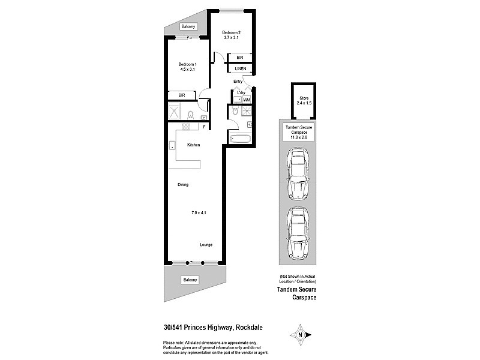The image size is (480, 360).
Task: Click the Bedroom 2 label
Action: tap(231, 32)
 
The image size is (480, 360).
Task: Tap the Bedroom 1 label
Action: tap(187, 64)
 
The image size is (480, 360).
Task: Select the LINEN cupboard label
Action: tap(240, 69)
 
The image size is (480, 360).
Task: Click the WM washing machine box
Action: tap(246, 100)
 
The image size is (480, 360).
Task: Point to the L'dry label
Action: tap(241, 92)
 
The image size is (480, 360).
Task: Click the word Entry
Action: tap(238, 82)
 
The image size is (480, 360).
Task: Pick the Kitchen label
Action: tap(193, 145)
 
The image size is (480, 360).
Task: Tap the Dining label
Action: tap(183, 184)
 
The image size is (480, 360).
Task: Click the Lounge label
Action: tap(206, 244)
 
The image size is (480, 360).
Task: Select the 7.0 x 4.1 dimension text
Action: tap(199, 213)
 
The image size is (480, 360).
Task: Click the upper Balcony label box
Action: tap(189, 26)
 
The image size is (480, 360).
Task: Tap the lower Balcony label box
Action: tap(190, 280)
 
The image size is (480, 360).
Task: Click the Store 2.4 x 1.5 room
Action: tap(302, 101)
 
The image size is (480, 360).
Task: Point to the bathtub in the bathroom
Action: tap(239, 139)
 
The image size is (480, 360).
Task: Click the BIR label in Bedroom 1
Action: tap(181, 95)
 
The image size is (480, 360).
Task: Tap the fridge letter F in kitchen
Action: tap(204, 127)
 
